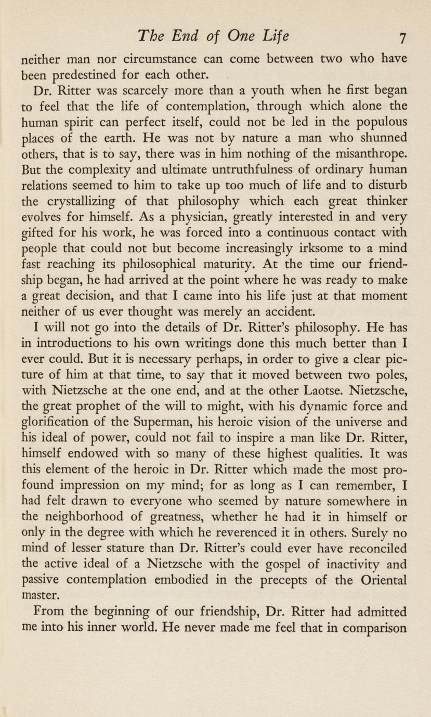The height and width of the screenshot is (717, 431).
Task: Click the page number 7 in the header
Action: tap(401, 38)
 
